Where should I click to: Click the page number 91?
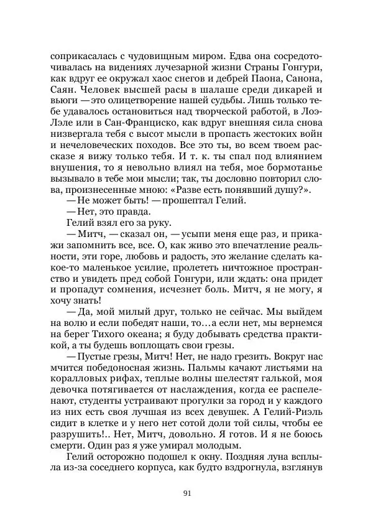186,494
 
